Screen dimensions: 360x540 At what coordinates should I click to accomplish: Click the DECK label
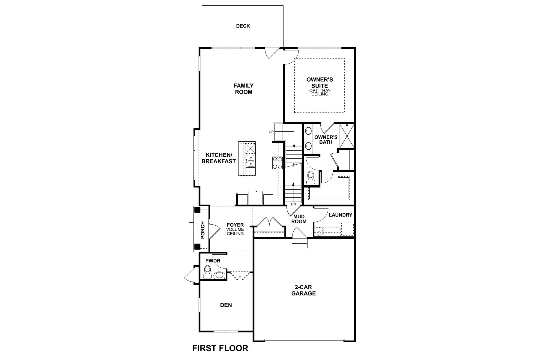click(x=243, y=26)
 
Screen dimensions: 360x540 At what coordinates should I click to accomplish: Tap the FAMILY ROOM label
click(x=243, y=89)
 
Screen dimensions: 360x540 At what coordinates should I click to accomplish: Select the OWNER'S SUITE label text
click(x=319, y=82)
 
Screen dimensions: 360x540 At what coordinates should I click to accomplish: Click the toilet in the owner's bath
click(x=310, y=177)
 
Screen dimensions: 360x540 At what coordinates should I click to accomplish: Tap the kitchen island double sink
click(x=250, y=160)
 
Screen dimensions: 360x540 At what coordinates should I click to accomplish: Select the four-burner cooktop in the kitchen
click(x=277, y=163)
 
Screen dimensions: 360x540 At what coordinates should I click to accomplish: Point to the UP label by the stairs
click(x=271, y=132)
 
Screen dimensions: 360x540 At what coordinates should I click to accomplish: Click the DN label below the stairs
click(x=293, y=204)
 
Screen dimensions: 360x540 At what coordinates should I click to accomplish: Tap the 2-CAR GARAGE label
click(x=303, y=290)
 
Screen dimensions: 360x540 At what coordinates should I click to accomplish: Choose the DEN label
click(x=226, y=305)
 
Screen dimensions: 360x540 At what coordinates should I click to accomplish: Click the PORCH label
click(x=202, y=230)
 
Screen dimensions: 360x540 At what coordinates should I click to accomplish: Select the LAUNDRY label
click(x=340, y=215)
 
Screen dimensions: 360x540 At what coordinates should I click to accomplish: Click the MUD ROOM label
click(x=299, y=219)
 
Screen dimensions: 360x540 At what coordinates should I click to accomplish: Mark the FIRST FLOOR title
click(x=220, y=348)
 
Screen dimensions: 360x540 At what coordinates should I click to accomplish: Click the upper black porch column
click(x=197, y=210)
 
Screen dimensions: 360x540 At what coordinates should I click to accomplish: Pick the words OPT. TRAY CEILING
click(x=319, y=92)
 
